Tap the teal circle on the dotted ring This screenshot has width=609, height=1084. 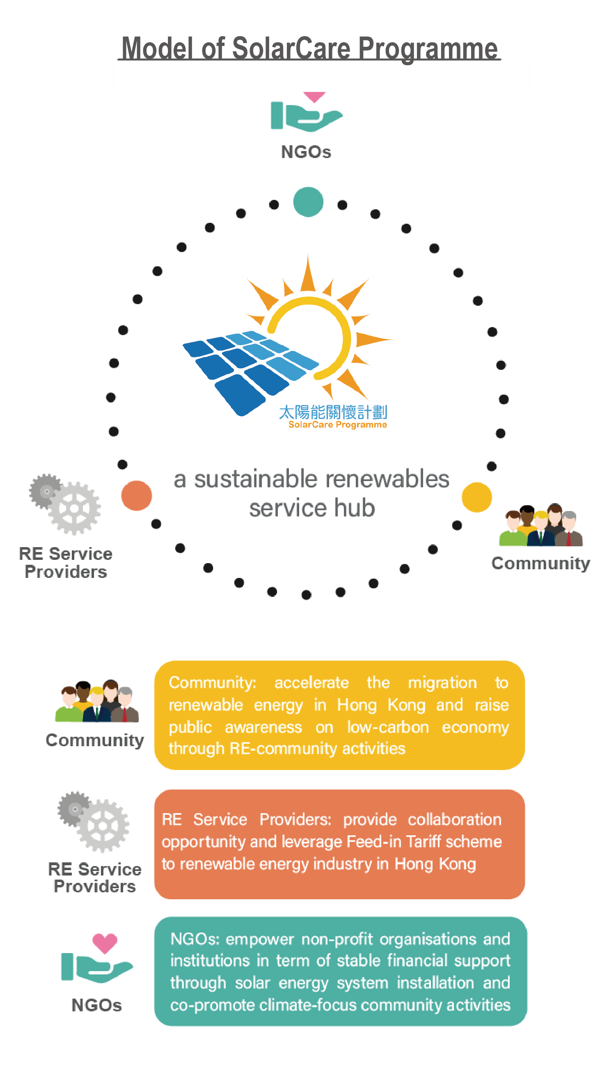[x=308, y=202]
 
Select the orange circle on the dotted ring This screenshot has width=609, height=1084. [x=136, y=495]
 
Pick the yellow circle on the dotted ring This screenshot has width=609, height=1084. [x=476, y=497]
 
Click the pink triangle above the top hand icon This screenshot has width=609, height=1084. [x=314, y=97]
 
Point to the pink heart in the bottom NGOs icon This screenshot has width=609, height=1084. [x=105, y=943]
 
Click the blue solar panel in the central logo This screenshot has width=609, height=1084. [x=250, y=370]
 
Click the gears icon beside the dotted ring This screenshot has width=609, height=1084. [x=65, y=504]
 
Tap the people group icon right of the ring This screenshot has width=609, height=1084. [x=540, y=525]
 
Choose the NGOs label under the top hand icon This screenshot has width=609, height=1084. [x=306, y=152]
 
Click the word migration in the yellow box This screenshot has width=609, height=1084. [x=442, y=682]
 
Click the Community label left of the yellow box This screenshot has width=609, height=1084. [x=95, y=740]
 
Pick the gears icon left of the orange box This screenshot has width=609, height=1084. [x=94, y=821]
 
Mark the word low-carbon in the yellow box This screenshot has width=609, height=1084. [x=388, y=727]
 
